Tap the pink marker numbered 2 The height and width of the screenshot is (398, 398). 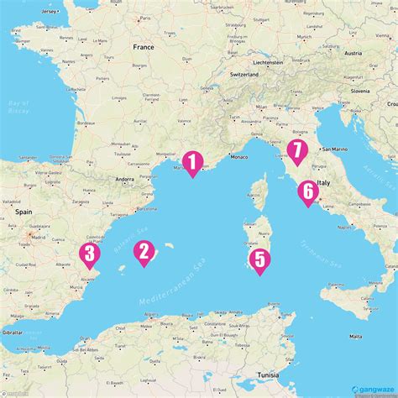pos(144,251)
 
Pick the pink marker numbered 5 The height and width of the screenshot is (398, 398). pos(259,259)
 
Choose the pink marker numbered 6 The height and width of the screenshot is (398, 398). pos(307,191)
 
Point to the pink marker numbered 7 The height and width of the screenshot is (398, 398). pos(296,151)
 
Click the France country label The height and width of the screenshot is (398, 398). pos(144,49)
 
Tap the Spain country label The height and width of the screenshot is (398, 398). pos(23,212)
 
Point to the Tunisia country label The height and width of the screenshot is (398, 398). pos(268,375)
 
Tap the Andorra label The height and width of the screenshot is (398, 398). pos(125,179)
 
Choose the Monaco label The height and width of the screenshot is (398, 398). pos(239,158)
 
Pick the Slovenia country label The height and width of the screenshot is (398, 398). pos(361,90)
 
